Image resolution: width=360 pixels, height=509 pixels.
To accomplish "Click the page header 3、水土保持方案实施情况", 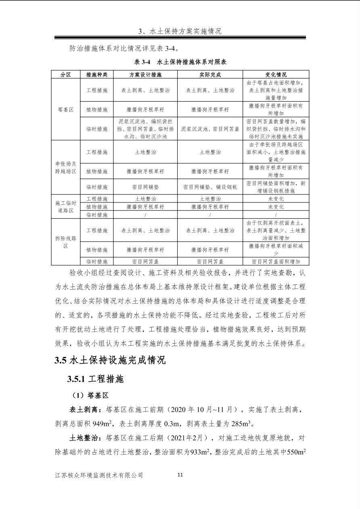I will (x=180, y=31).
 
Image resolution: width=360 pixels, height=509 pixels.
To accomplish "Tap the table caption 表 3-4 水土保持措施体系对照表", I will (x=180, y=62).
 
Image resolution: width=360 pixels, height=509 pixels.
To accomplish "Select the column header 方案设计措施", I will (x=145, y=75).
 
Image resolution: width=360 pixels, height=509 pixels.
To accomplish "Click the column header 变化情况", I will (x=276, y=75).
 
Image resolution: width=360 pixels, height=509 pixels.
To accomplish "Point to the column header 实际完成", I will (x=210, y=75).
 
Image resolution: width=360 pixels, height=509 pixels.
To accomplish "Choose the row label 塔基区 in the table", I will (x=66, y=109).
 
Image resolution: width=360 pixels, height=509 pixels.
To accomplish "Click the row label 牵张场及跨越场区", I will (x=66, y=167).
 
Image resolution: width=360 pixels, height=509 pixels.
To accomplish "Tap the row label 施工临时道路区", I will (x=66, y=207).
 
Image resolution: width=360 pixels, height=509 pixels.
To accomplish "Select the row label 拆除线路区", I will (x=66, y=242).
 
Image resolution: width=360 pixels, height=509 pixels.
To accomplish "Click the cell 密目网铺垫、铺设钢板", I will (x=210, y=187).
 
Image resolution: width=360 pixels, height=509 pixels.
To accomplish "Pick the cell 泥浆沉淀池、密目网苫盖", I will (x=210, y=129).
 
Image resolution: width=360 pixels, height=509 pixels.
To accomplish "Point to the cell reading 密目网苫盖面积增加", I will (x=276, y=261).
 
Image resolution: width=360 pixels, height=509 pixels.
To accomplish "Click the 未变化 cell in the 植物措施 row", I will (x=276, y=207).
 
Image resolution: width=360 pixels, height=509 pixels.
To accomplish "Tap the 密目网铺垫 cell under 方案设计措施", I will (x=145, y=187).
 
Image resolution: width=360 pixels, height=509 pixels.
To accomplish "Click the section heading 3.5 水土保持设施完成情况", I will (x=110, y=360).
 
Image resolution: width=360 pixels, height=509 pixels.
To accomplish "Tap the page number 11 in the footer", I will (x=180, y=475).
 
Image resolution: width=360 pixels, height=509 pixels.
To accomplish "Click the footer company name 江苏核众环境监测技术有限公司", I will (x=99, y=475).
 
